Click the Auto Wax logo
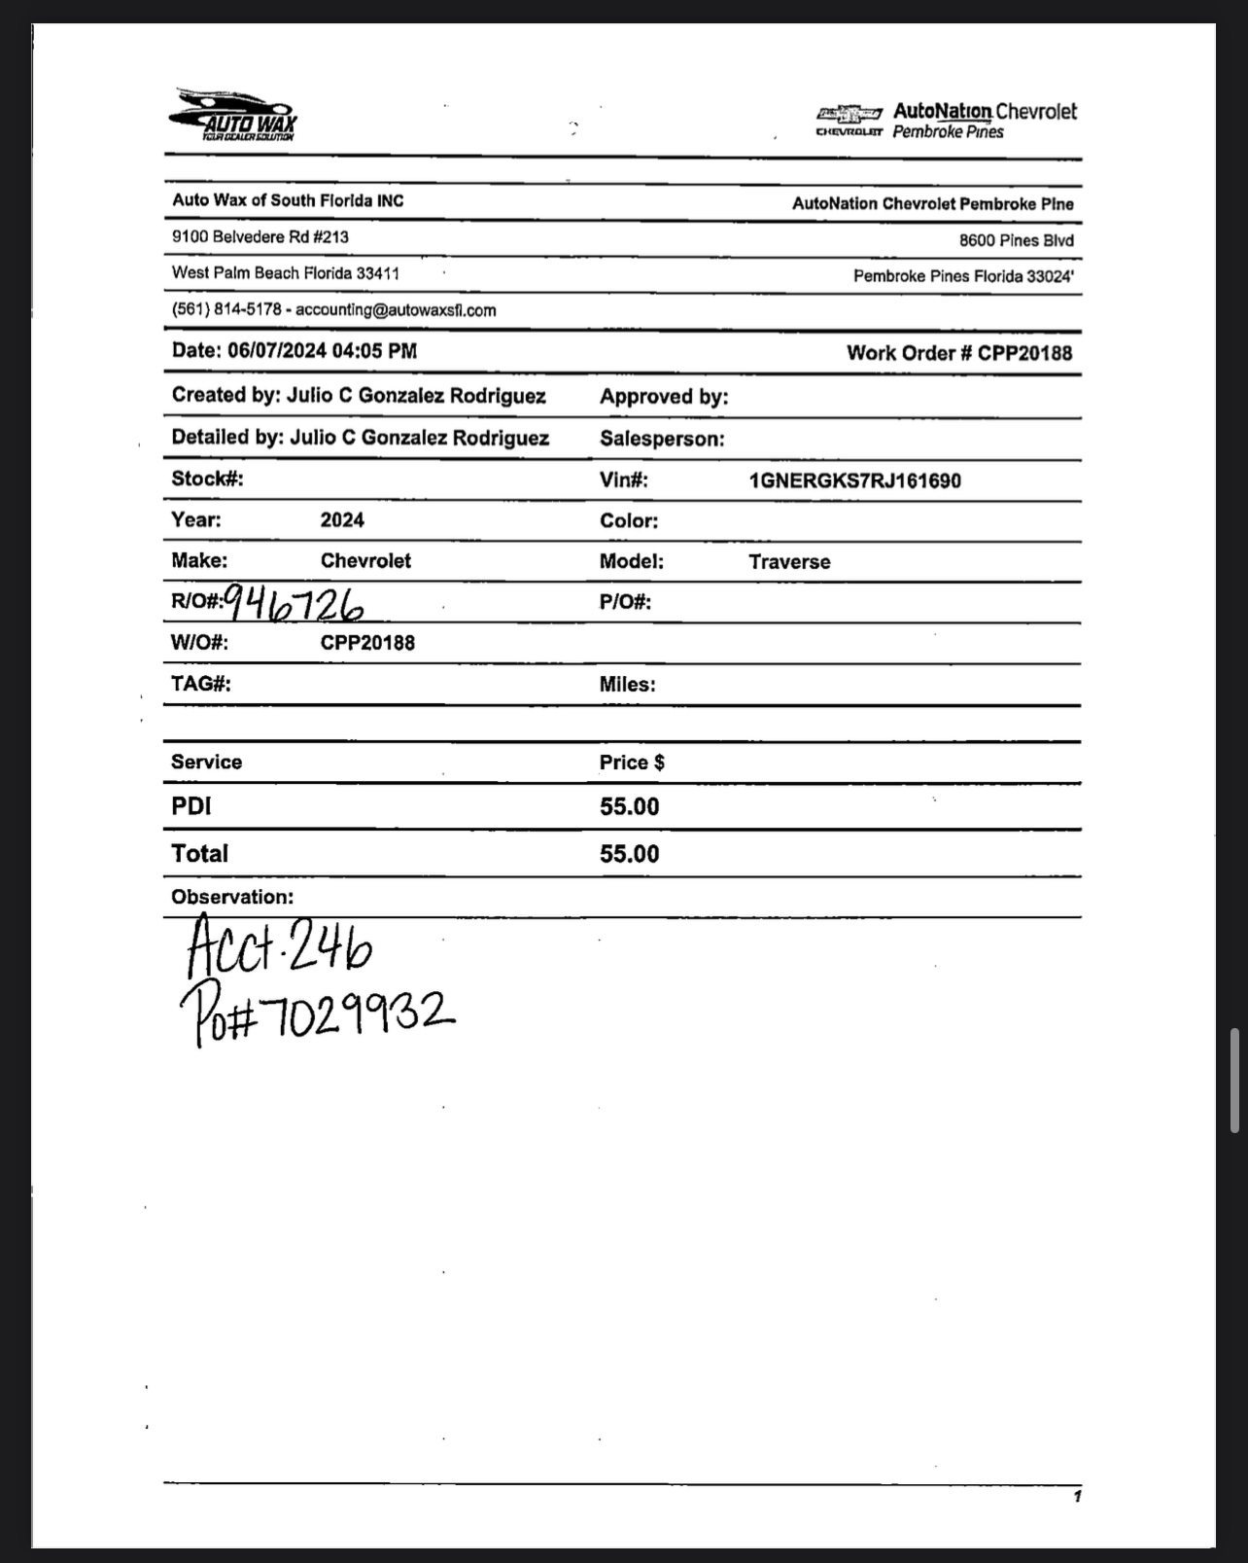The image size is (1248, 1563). pos(233,116)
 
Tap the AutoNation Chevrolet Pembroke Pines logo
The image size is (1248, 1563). pos(947,121)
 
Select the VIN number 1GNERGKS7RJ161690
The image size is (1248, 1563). pos(854,480)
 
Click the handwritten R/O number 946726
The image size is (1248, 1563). pos(295,605)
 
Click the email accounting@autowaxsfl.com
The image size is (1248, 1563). pos(396,310)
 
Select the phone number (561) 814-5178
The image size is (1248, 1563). pos(226,309)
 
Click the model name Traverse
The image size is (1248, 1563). pos(789,562)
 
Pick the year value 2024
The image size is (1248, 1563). pos(342,520)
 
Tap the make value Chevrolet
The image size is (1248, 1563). pos(365,561)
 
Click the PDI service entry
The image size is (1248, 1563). pos(191,806)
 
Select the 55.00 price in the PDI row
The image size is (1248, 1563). pos(629,807)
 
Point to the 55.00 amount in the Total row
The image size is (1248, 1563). pos(629,854)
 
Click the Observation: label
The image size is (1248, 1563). pos(232,897)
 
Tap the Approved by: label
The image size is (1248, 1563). pos(664,397)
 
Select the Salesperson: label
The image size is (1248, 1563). pos(662,439)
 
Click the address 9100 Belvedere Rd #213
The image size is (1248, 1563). pos(260,237)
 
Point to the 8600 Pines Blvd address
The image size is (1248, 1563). pos(1016,240)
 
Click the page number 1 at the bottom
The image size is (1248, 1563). pos(1077,1496)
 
